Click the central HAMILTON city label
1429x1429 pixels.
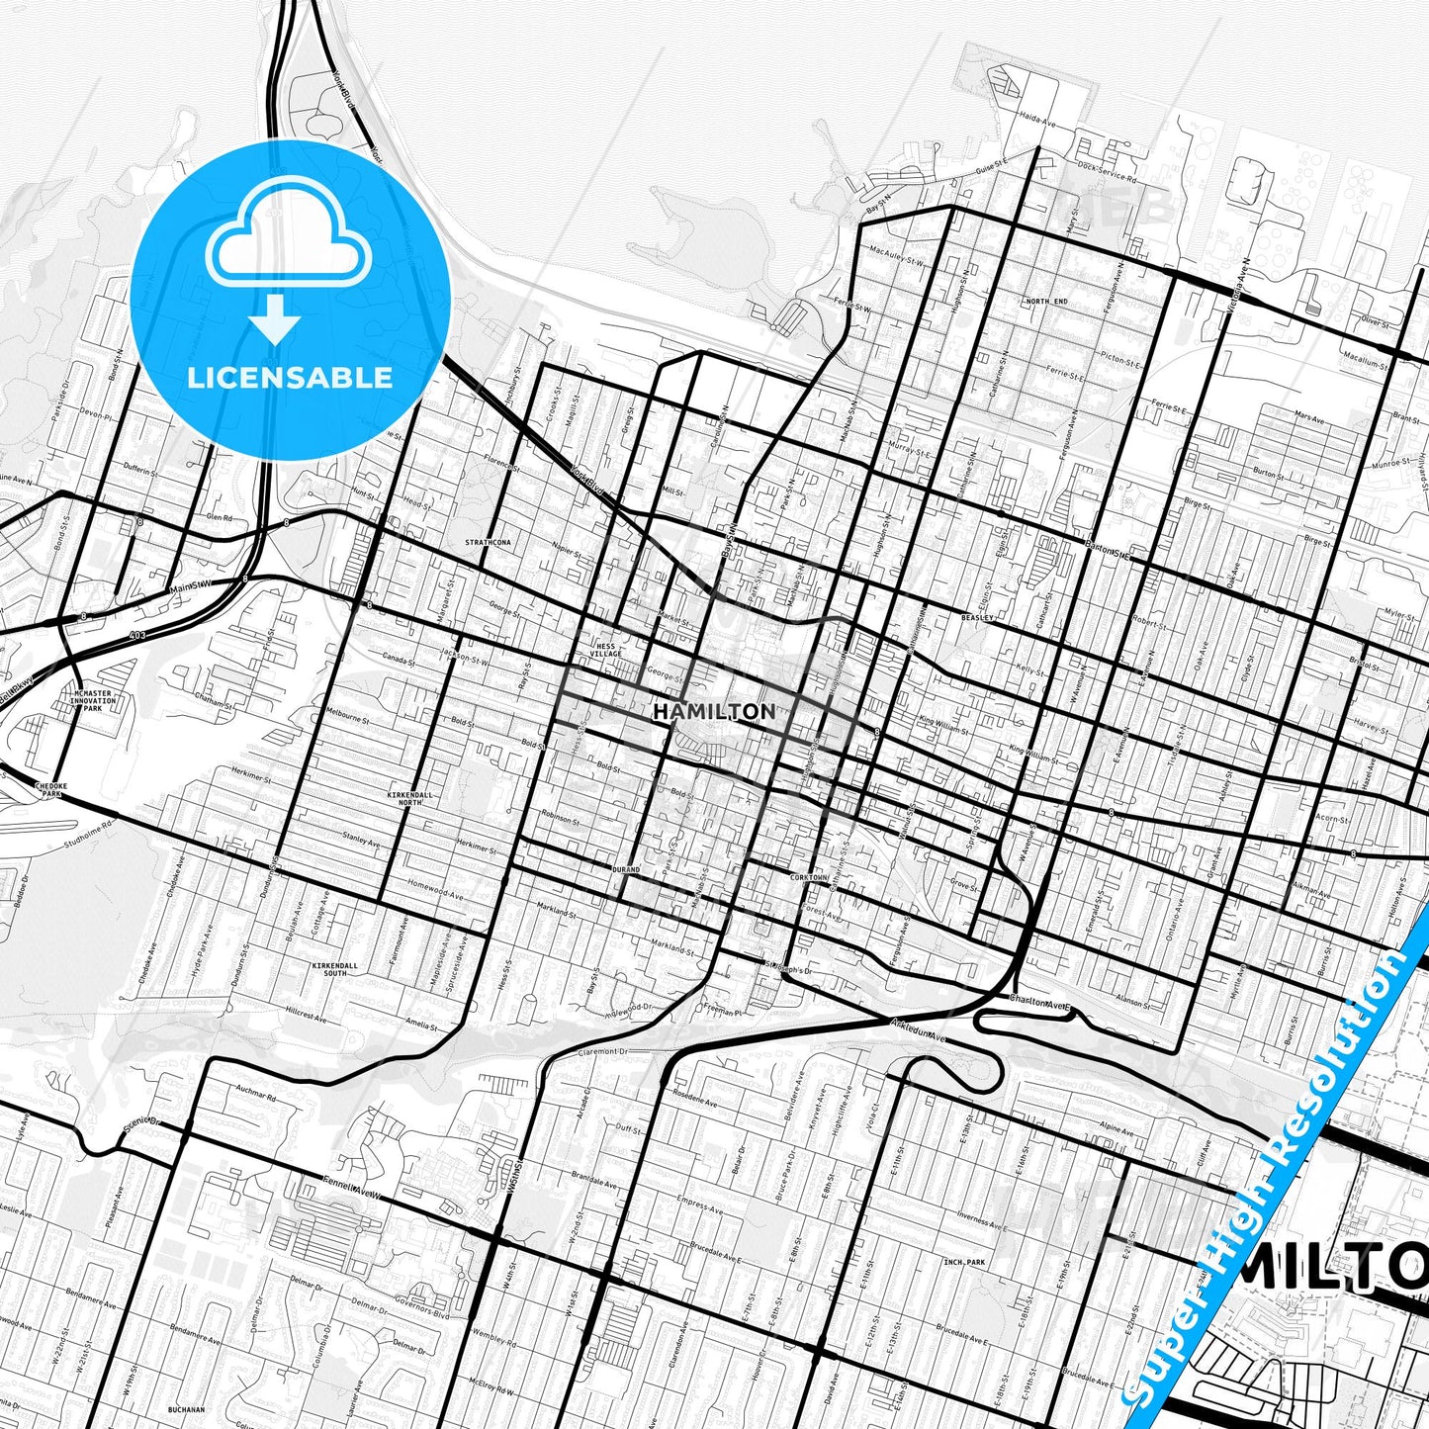(714, 711)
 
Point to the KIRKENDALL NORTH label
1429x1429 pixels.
(404, 797)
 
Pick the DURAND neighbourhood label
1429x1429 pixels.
(626, 869)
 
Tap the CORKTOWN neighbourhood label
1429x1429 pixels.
(808, 877)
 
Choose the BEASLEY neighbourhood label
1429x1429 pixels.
(976, 616)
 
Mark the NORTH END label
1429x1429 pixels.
(1046, 302)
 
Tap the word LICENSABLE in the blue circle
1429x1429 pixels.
(290, 377)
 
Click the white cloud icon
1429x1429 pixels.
(289, 243)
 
